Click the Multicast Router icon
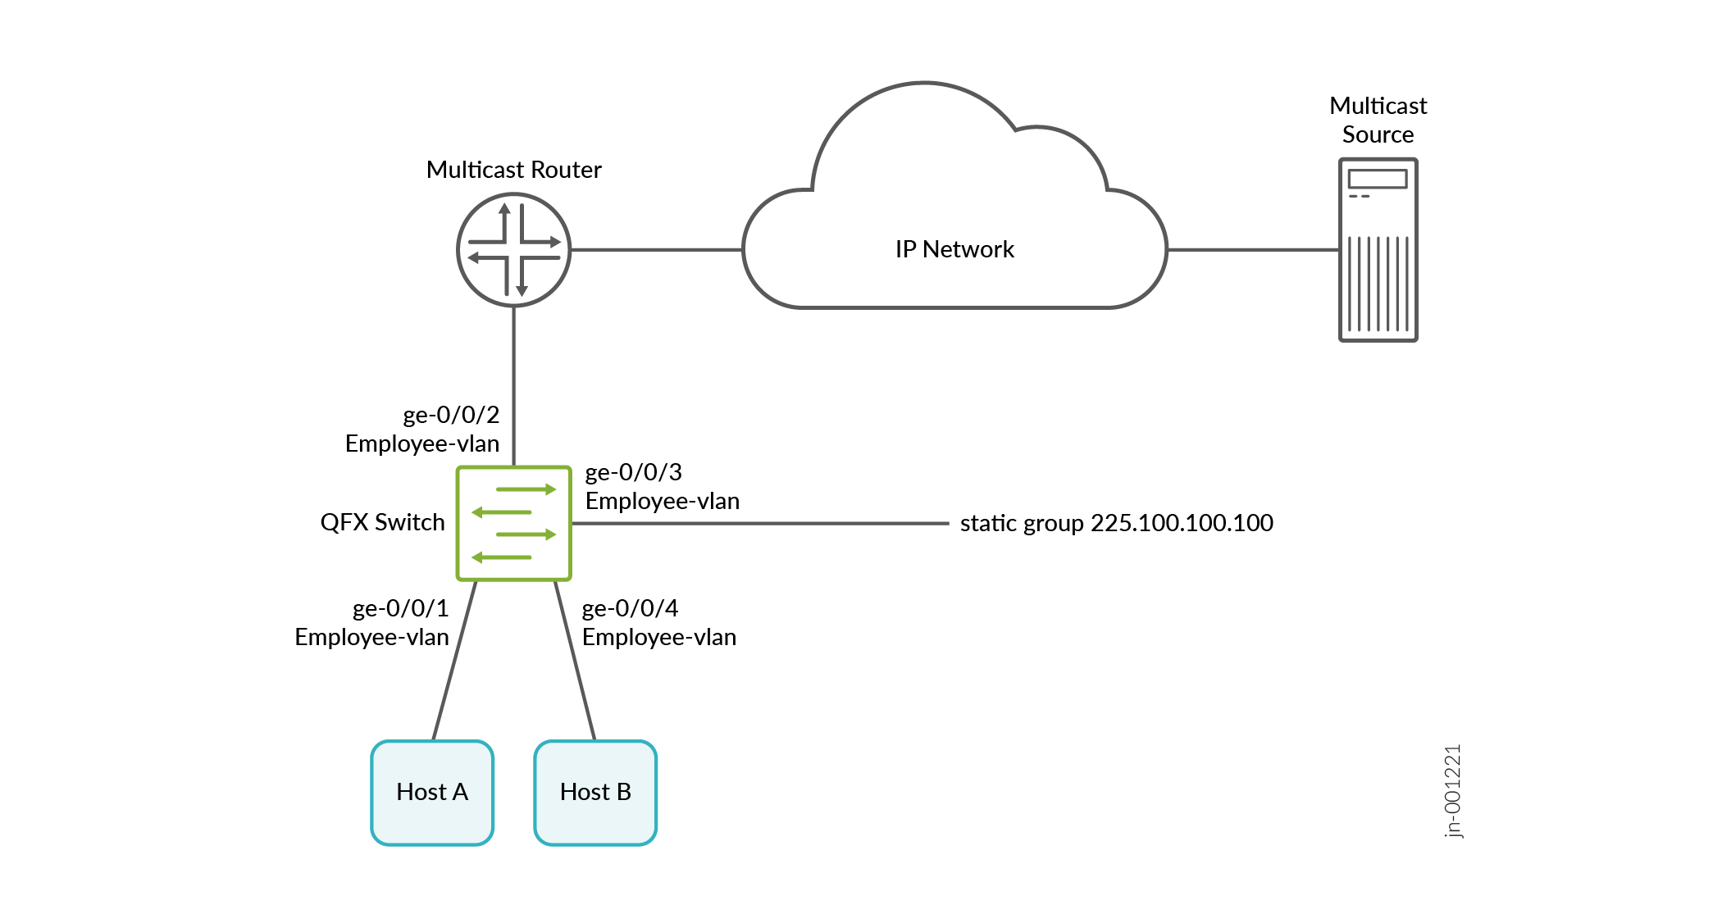pos(513,250)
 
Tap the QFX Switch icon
pos(513,524)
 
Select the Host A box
pos(432,792)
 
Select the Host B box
pos(595,792)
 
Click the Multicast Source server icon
pos(1378,250)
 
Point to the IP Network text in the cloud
pos(954,249)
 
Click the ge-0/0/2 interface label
pos(451,415)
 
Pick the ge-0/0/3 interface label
pos(633,472)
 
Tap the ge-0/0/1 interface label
pos(401,608)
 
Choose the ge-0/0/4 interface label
pos(630,608)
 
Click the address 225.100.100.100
pos(1182,523)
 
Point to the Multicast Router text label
pos(513,170)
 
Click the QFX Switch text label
pos(382,522)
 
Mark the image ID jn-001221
pos(1452,791)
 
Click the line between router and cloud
pos(656,250)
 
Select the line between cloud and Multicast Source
pos(1252,250)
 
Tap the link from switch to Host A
pos(454,661)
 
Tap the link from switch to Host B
pos(575,661)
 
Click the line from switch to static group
pos(759,523)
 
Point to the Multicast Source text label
pos(1378,120)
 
